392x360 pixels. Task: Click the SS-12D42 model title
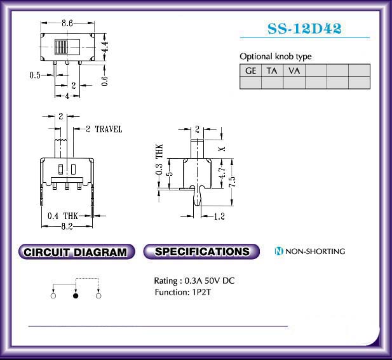304,29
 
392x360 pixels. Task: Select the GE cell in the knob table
250,70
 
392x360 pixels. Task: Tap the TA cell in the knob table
272,70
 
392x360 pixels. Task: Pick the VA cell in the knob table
294,70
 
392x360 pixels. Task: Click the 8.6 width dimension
67,23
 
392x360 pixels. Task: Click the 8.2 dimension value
67,226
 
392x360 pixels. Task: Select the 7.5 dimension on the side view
232,182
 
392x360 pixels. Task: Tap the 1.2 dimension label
219,216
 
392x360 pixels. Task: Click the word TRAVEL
109,129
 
